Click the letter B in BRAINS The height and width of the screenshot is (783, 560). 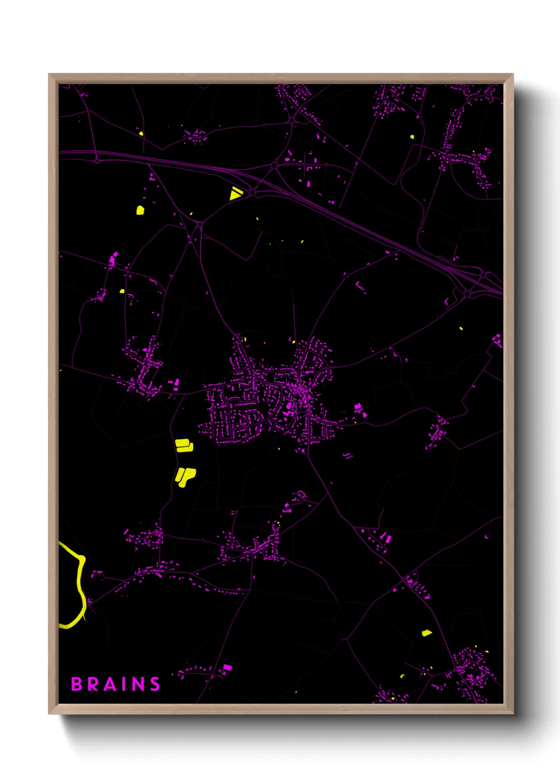[77, 684]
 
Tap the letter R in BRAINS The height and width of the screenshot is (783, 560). [93, 684]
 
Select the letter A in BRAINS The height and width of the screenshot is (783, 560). [110, 684]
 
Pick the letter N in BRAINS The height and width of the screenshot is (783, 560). [138, 684]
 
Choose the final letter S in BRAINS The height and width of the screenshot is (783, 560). [155, 684]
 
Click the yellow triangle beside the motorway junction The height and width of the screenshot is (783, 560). [235, 194]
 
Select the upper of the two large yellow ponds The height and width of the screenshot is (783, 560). [184, 445]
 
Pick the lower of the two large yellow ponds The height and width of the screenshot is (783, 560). [185, 476]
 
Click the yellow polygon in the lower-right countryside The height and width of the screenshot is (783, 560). [426, 633]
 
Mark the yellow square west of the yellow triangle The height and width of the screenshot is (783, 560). [140, 210]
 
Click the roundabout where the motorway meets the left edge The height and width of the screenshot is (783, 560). [97, 160]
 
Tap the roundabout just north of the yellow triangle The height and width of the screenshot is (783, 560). [274, 166]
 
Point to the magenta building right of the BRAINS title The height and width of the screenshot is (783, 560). [227, 668]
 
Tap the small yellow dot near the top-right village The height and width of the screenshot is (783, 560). [412, 137]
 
